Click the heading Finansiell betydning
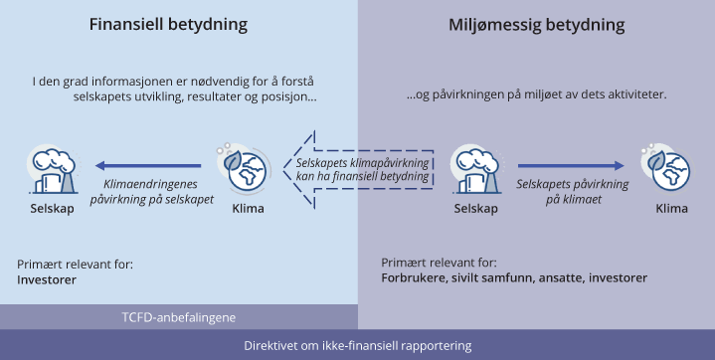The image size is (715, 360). point(178,24)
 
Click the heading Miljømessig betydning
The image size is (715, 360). point(537,24)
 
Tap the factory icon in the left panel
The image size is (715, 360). point(50,170)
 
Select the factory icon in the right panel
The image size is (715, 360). point(475,169)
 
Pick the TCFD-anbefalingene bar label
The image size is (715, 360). point(178,317)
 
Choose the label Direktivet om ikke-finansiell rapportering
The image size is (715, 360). point(357,345)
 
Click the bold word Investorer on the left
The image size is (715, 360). point(47,280)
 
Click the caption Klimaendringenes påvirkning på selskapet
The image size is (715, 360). point(159,192)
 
